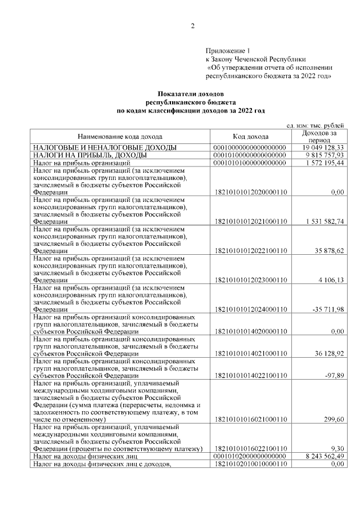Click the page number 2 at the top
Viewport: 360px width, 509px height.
(x=192, y=26)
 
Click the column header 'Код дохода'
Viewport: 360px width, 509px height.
(x=250, y=136)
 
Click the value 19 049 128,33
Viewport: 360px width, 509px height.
(x=321, y=147)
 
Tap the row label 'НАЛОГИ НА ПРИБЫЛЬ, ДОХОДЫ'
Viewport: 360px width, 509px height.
(x=90, y=155)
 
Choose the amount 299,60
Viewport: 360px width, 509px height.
(x=334, y=420)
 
